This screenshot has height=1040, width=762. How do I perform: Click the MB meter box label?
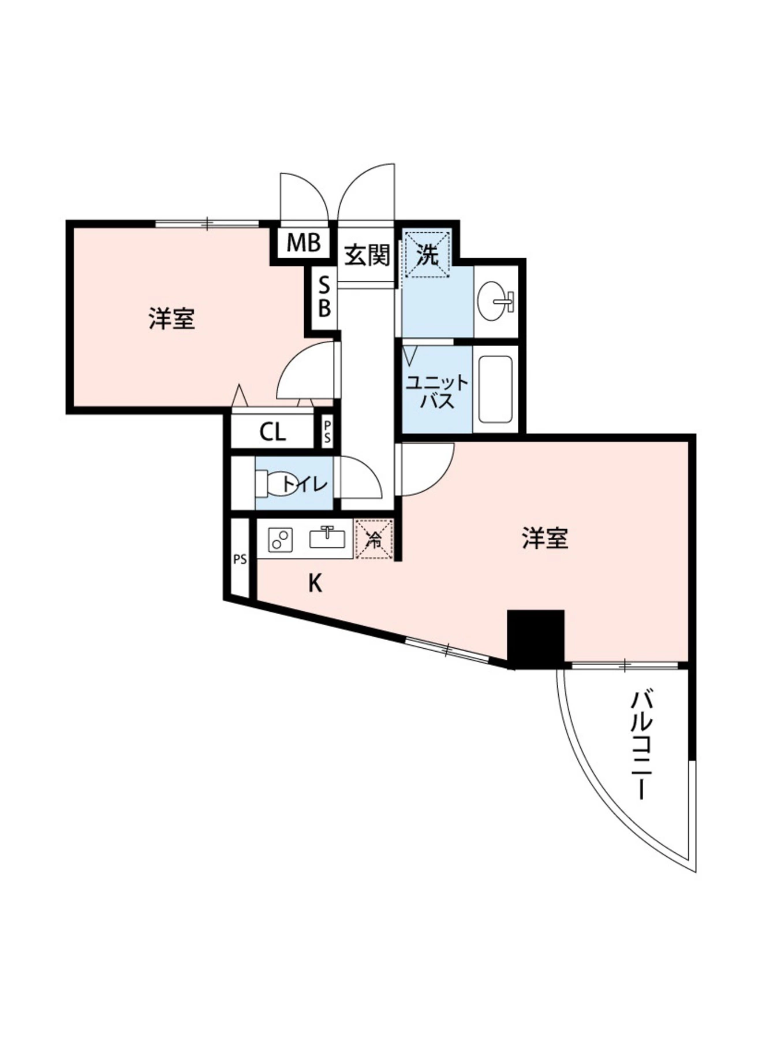304,243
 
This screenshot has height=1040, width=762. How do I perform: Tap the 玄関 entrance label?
367,255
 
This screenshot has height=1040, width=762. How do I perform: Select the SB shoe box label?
324,297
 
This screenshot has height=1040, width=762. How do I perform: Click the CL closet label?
272,432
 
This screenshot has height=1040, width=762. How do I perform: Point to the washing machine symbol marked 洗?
428,254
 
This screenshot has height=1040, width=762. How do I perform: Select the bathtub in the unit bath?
495,389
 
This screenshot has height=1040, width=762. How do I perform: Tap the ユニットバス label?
437,392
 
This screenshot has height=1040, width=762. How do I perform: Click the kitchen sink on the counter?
327,538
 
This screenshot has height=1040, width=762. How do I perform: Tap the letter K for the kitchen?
315,584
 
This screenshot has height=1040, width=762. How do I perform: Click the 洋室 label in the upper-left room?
172,319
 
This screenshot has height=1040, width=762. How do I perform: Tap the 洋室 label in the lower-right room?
545,538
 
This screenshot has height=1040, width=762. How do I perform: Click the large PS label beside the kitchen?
240,559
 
